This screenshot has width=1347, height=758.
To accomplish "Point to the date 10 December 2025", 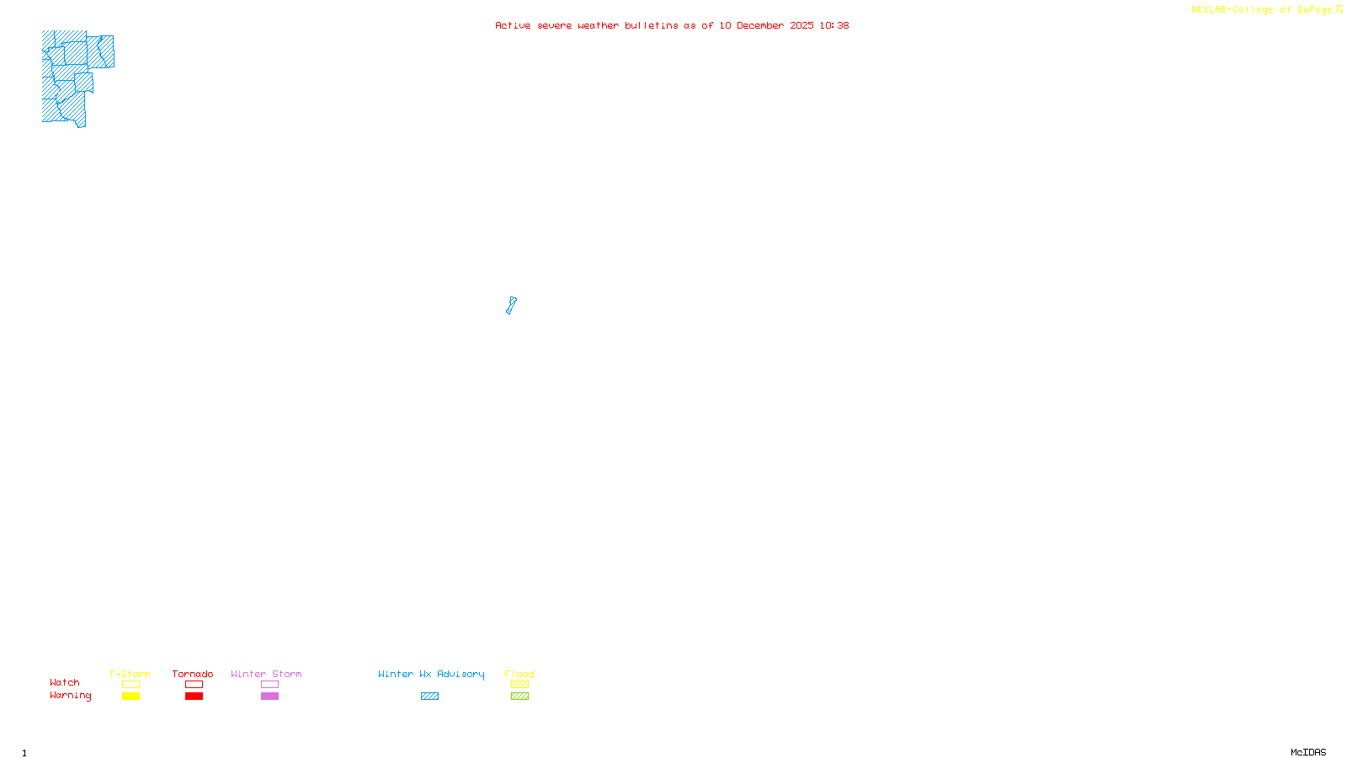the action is pos(766,25).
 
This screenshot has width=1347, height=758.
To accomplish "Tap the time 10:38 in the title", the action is pos(834,25).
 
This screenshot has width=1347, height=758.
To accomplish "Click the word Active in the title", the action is pos(513,25).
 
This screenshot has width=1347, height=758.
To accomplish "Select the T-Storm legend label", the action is pos(130,674).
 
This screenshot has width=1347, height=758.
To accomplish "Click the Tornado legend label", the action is pos(193,674).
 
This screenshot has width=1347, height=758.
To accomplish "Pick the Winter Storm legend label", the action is pos(266,674).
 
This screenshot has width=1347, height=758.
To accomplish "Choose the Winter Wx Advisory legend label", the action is pos(431,674).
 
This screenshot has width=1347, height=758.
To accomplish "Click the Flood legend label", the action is pos(519,674).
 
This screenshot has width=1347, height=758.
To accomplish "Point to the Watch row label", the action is pos(65,682).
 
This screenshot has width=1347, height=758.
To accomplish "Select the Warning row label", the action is pos(71,696).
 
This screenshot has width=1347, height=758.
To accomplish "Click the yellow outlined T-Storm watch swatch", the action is pos(130,685).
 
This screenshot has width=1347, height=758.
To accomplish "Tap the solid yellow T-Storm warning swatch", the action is pos(130,697).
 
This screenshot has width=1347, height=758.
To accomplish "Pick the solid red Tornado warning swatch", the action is pos(194,697).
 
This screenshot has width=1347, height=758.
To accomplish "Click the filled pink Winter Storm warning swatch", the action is pos(269,697).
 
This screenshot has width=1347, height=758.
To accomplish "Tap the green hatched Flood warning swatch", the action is pos(519,697).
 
